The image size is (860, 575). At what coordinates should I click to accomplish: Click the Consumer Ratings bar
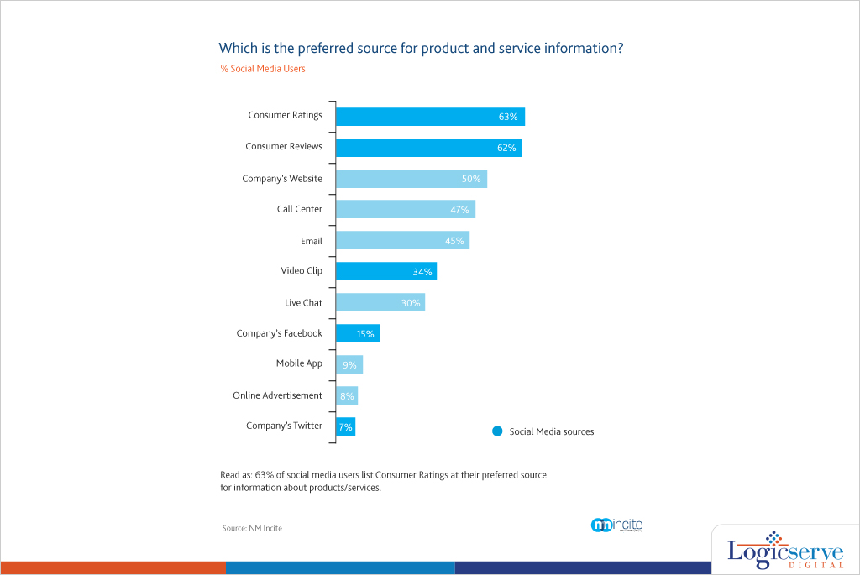coord(430,117)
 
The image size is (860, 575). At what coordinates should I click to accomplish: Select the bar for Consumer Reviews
coord(428,148)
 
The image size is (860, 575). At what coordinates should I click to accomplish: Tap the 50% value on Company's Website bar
coord(470,179)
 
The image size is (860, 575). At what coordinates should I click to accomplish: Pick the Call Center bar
coord(406,210)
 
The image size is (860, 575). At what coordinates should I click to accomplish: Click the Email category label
coord(312,241)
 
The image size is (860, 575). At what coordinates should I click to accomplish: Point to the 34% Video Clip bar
coord(386,271)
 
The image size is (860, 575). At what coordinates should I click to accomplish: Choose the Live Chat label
coord(303,302)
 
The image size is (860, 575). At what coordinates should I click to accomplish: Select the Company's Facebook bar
coord(358,333)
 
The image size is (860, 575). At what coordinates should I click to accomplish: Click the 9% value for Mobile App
coord(349,365)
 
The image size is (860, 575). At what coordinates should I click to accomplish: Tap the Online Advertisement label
coord(277,395)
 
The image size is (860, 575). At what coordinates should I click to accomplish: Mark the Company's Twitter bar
coord(345,426)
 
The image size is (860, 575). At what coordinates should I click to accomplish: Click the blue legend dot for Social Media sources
coord(497,431)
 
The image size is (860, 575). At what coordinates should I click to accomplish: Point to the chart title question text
coord(421,48)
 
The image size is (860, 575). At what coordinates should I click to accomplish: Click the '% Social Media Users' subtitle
coord(263,69)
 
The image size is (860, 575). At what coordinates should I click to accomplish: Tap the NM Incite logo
coord(616,525)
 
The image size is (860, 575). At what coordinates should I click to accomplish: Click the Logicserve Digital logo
coord(784,551)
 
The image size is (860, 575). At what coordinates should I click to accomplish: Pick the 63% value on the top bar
coord(507,117)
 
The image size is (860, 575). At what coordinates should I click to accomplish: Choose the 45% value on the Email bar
coord(455,241)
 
